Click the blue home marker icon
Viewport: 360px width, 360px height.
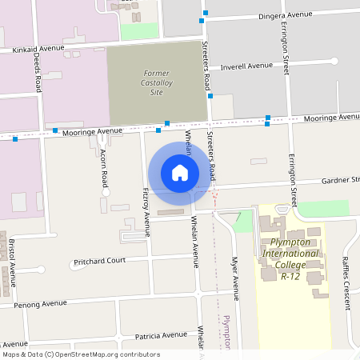[x=180, y=173]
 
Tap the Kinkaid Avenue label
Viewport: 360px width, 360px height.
[x=38, y=49]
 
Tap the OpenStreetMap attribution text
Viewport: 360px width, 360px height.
[x=81, y=354]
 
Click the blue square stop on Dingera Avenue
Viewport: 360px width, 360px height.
[x=205, y=13]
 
